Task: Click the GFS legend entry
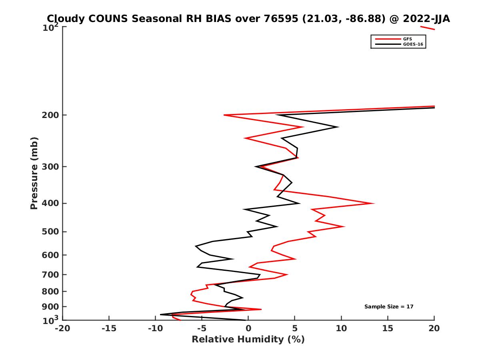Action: (408, 39)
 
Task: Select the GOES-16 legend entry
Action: (413, 44)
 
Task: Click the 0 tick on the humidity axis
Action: (248, 329)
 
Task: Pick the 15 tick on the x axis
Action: (388, 329)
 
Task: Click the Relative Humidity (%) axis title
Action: (248, 340)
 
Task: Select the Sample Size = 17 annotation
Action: (389, 307)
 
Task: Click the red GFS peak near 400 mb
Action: (374, 203)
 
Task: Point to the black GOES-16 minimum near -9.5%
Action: (160, 314)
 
